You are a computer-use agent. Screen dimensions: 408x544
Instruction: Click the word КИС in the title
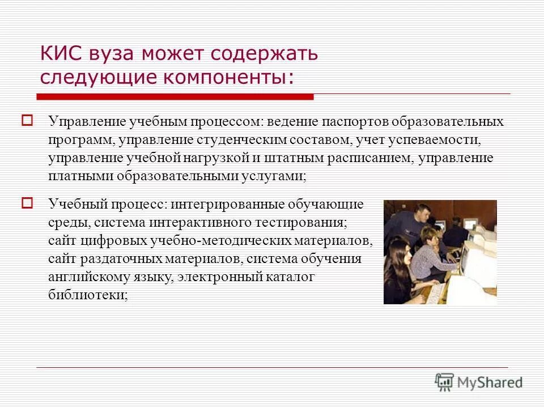(61, 54)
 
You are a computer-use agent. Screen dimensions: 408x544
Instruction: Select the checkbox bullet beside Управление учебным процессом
(27, 120)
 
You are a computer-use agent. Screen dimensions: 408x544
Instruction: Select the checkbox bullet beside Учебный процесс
(27, 202)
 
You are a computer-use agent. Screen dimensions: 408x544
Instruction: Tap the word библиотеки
(88, 295)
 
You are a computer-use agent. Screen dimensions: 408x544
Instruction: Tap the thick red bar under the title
(176, 97)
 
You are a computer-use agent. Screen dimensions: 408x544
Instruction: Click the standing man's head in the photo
(421, 213)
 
